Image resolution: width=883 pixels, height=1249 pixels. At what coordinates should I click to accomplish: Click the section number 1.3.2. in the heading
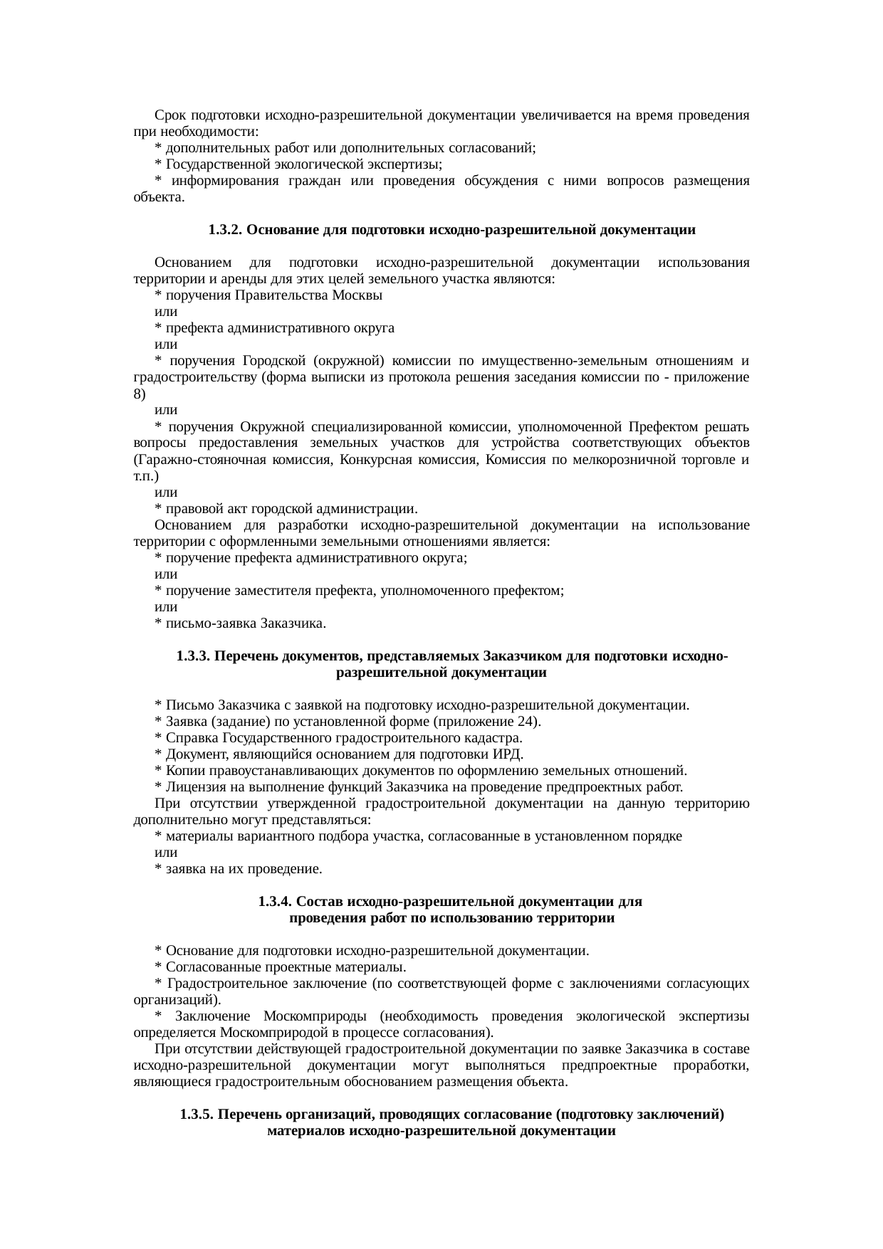click(x=226, y=230)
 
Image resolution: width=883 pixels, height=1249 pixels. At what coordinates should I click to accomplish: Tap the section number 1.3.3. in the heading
click(x=193, y=655)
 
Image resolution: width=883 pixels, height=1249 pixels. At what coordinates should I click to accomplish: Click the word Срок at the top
click(x=170, y=115)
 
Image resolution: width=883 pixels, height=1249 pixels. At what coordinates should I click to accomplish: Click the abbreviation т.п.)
click(x=146, y=475)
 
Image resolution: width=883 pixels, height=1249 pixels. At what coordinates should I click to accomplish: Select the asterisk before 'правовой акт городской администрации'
click(x=159, y=509)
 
